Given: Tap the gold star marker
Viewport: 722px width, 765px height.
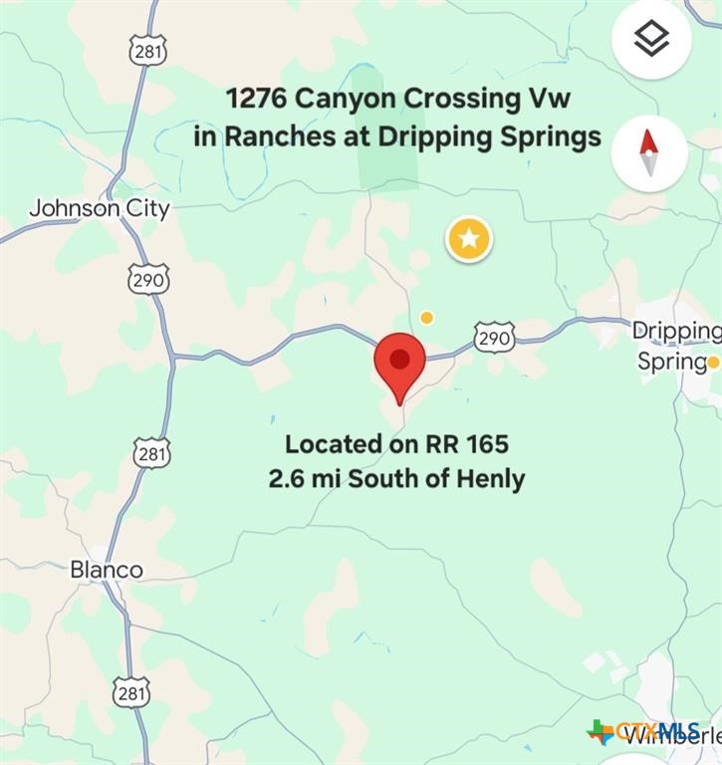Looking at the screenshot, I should click(469, 239).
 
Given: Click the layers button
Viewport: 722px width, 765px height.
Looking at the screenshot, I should click(651, 40).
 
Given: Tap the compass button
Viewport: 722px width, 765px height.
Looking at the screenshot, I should click(649, 153).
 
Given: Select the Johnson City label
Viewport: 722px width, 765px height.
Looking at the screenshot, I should click(100, 209).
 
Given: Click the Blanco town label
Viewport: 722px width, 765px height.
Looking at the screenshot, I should click(106, 570).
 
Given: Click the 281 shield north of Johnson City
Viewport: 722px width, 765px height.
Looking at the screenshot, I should click(147, 51).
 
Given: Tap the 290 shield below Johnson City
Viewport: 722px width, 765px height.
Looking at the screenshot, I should click(147, 280).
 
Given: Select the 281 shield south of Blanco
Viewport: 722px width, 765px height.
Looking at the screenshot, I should click(131, 692).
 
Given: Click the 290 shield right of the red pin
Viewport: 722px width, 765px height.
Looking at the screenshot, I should click(494, 338).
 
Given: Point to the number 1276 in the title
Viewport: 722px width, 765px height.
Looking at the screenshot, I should click(257, 100).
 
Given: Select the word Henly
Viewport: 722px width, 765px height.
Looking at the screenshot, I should click(489, 479).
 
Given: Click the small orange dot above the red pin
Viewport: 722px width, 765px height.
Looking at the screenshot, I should click(426, 318).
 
